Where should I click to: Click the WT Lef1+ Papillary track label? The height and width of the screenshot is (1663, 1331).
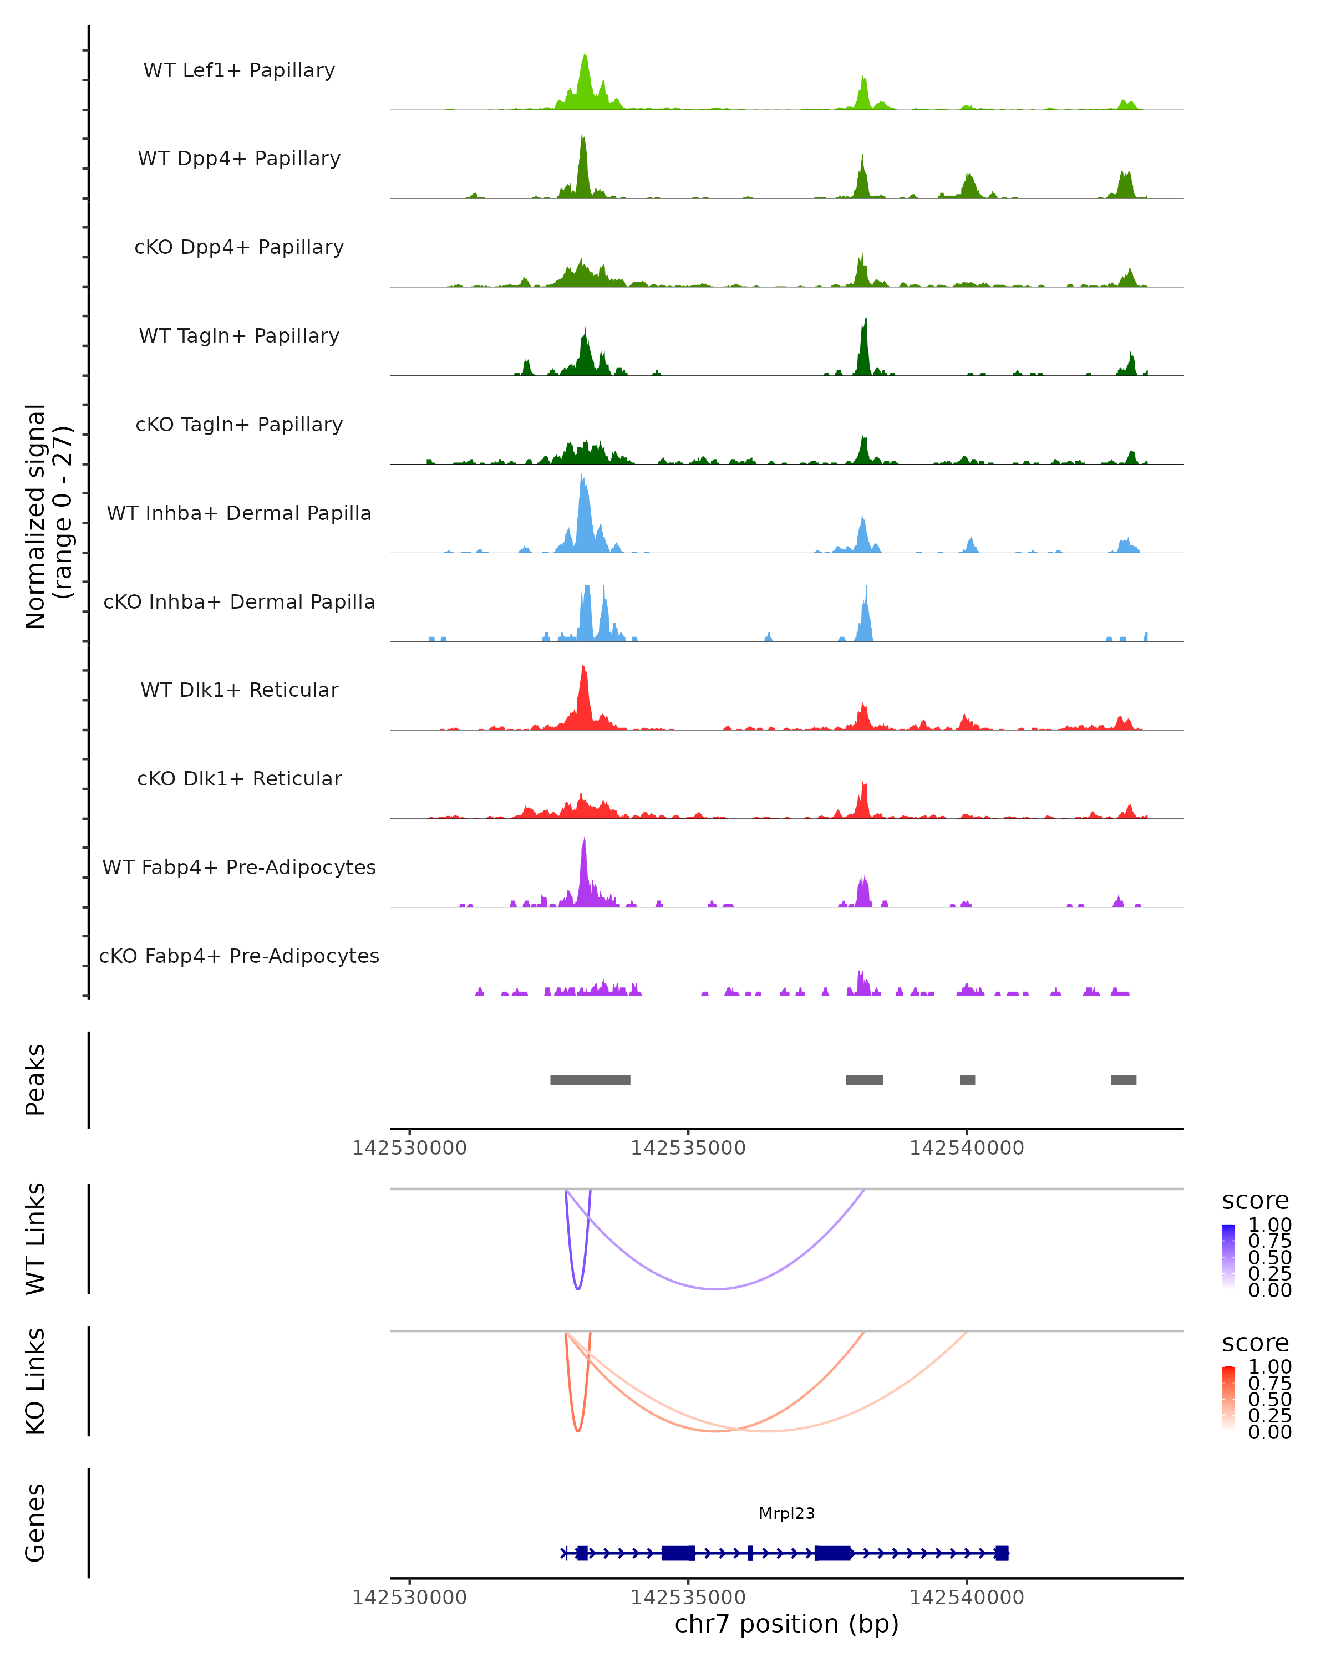pyautogui.click(x=239, y=70)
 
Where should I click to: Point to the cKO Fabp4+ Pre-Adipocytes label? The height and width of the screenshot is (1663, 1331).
pyautogui.click(x=239, y=956)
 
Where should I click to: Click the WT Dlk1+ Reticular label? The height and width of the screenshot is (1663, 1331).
pyautogui.click(x=239, y=690)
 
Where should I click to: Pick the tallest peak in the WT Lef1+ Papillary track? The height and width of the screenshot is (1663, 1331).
pyautogui.click(x=585, y=57)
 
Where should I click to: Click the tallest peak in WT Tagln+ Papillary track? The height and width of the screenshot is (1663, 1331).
pyautogui.click(x=865, y=320)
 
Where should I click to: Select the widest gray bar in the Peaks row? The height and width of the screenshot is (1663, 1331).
pyautogui.click(x=590, y=1080)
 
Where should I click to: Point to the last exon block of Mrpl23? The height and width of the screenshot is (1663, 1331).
pyautogui.click(x=1002, y=1553)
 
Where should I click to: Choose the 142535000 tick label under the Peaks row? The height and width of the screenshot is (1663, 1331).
pyautogui.click(x=688, y=1148)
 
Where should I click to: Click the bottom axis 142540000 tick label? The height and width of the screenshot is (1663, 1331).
pyautogui.click(x=966, y=1596)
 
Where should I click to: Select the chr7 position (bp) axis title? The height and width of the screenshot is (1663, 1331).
pyautogui.click(x=786, y=1624)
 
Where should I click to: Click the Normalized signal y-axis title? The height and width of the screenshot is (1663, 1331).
pyautogui.click(x=48, y=517)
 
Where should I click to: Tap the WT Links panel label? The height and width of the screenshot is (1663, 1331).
pyautogui.click(x=35, y=1239)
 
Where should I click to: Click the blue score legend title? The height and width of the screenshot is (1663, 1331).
pyautogui.click(x=1254, y=1201)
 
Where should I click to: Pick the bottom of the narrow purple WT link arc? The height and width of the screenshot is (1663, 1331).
pyautogui.click(x=578, y=1288)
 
